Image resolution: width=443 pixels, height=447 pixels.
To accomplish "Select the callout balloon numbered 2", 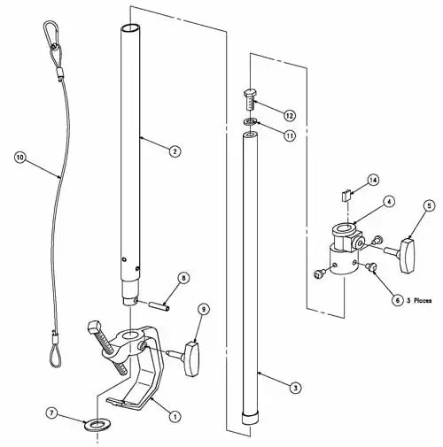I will [x=175, y=151].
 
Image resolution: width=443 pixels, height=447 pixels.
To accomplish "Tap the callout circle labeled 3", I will [x=293, y=387].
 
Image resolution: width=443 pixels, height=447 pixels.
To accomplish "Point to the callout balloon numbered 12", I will [x=290, y=116].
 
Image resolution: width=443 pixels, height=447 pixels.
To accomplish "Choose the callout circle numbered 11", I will [x=290, y=135].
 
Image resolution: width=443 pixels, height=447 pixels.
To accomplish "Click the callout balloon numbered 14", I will [x=373, y=180].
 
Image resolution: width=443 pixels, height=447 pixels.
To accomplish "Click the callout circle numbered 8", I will [x=183, y=278].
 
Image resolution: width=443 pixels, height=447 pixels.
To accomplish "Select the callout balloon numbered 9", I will [x=203, y=309].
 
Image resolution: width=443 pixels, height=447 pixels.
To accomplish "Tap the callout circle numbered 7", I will [x=52, y=412].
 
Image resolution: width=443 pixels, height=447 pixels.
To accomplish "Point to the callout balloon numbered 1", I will [x=174, y=414].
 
